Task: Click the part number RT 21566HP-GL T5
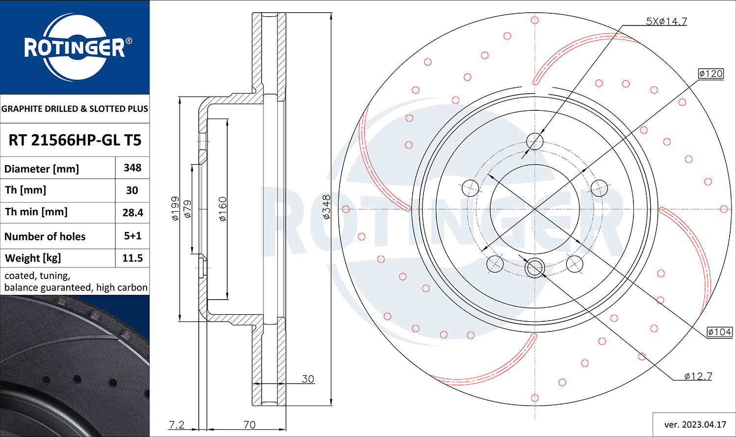75,140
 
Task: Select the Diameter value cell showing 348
132,168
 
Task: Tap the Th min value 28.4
133,213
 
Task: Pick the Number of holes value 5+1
133,236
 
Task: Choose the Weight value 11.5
133,258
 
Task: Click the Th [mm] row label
26,190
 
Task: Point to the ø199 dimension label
175,208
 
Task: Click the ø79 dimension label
187,209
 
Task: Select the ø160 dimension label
222,209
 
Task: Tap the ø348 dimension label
326,207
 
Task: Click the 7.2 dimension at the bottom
177,425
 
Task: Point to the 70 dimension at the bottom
249,425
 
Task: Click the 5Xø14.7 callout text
666,22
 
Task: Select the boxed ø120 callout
710,74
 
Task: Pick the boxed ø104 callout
720,332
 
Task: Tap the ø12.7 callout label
698,376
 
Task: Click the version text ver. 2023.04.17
695,425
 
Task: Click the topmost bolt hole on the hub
535,142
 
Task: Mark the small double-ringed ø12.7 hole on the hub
535,268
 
